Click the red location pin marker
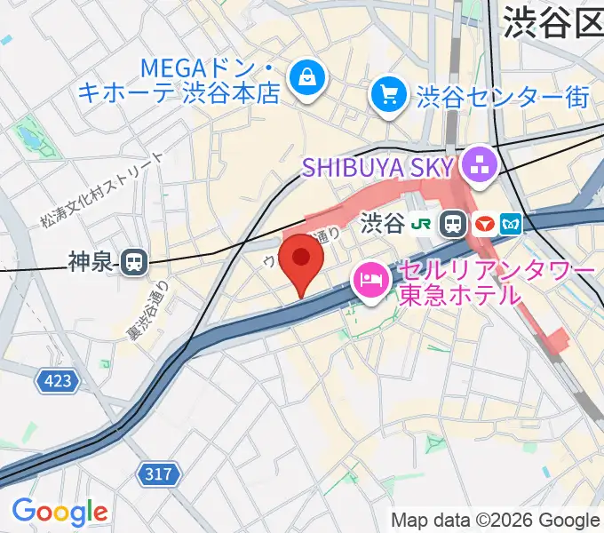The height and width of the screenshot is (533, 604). [301, 262]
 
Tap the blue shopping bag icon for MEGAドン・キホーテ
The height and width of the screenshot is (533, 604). [306, 78]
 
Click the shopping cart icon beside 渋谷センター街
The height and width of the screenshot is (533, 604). [389, 94]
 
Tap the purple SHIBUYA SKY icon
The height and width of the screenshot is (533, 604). [481, 165]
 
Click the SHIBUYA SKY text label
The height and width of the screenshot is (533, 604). [377, 165]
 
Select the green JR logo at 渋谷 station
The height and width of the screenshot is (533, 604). [427, 224]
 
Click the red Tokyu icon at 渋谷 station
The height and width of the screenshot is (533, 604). [484, 224]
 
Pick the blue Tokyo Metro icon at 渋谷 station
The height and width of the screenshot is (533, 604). [513, 224]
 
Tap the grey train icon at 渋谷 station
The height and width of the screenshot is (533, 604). [456, 224]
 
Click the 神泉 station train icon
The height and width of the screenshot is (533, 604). [134, 261]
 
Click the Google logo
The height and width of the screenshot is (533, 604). [60, 512]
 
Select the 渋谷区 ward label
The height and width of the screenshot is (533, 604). [552, 24]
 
